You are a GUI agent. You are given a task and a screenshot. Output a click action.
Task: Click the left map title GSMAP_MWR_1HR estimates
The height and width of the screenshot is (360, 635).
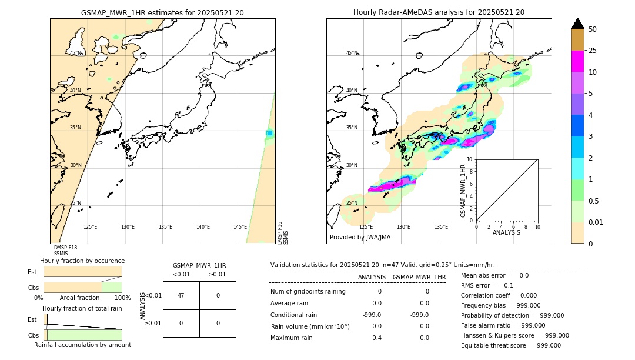tap(162, 12)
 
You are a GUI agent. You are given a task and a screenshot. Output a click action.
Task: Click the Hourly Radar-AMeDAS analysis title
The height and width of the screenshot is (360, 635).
tap(439, 12)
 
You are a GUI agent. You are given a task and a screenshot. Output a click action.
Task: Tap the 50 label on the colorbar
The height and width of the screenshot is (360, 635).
tap(593, 29)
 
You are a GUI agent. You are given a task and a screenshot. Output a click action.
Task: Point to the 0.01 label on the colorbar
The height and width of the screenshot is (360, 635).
tap(596, 222)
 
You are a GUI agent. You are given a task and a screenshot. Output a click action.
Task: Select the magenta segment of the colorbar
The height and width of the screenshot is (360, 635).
tap(577, 61)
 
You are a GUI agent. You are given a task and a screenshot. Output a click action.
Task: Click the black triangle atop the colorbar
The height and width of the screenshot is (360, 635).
tap(577, 24)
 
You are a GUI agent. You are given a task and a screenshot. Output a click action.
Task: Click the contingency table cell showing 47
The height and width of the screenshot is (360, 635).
tap(181, 295)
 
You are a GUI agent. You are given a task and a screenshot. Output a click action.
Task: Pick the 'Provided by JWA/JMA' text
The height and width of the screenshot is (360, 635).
tap(360, 237)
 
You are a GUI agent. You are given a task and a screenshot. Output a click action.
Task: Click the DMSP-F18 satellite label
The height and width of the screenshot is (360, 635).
tap(65, 248)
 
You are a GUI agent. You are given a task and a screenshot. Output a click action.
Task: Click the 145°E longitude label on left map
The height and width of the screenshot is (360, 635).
tap(240, 227)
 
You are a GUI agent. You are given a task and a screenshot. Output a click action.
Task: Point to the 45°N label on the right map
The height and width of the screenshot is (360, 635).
tap(352, 53)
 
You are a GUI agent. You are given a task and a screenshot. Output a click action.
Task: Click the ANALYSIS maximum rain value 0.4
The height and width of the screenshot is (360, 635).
tap(376, 338)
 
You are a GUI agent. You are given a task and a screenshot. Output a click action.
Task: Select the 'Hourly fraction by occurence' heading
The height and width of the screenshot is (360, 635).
tap(82, 261)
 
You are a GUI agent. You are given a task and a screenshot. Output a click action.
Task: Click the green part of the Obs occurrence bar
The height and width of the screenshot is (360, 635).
tap(112, 287)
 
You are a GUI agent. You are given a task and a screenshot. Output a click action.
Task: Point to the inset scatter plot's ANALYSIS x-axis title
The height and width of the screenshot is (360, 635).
tap(506, 232)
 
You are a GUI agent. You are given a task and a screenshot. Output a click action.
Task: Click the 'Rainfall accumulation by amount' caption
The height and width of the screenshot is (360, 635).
tap(82, 345)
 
